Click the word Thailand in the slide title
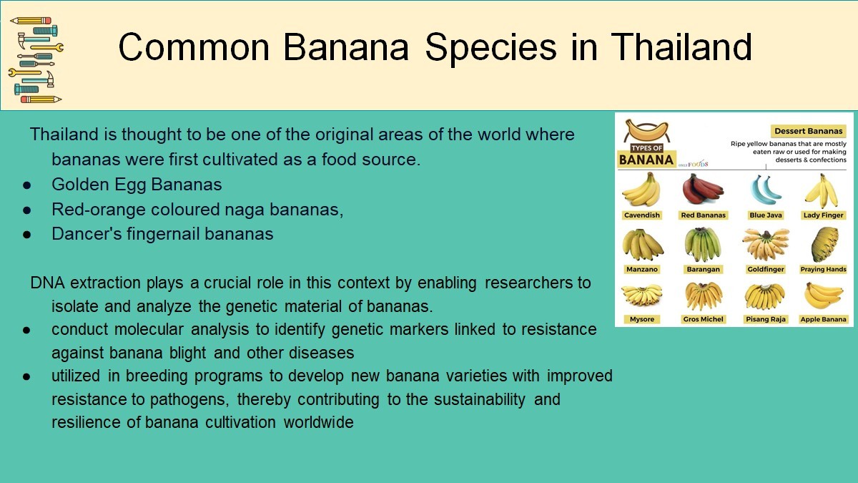coord(681,47)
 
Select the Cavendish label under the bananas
coord(642,215)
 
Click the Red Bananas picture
coord(703,189)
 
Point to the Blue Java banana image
coord(765,190)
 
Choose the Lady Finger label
coord(823,215)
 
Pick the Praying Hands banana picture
coord(824,244)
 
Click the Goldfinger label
coord(766,269)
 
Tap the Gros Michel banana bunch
coord(703,296)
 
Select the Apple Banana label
coord(823,319)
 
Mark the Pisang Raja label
coord(766,319)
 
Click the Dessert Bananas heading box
coord(808,131)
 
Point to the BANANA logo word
coord(646,160)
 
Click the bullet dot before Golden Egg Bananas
coord(27,185)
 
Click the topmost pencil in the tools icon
coord(31,20)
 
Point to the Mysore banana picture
coord(642,295)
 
